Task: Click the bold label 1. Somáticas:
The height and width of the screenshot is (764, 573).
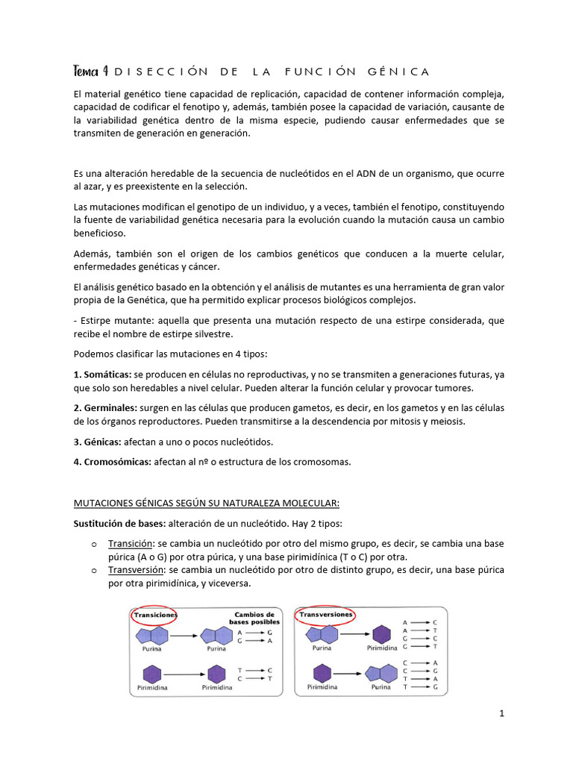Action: point(103,374)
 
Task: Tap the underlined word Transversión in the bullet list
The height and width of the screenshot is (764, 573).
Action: point(137,569)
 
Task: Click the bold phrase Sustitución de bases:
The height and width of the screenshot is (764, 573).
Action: point(120,523)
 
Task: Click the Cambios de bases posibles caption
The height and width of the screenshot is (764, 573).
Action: point(255,619)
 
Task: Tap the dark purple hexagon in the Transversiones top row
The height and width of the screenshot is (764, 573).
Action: point(381,635)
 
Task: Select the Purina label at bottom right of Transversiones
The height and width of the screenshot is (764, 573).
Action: point(381,687)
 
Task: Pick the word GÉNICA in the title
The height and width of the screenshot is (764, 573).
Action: point(399,72)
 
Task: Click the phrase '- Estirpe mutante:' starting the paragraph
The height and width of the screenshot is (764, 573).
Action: point(106,320)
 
